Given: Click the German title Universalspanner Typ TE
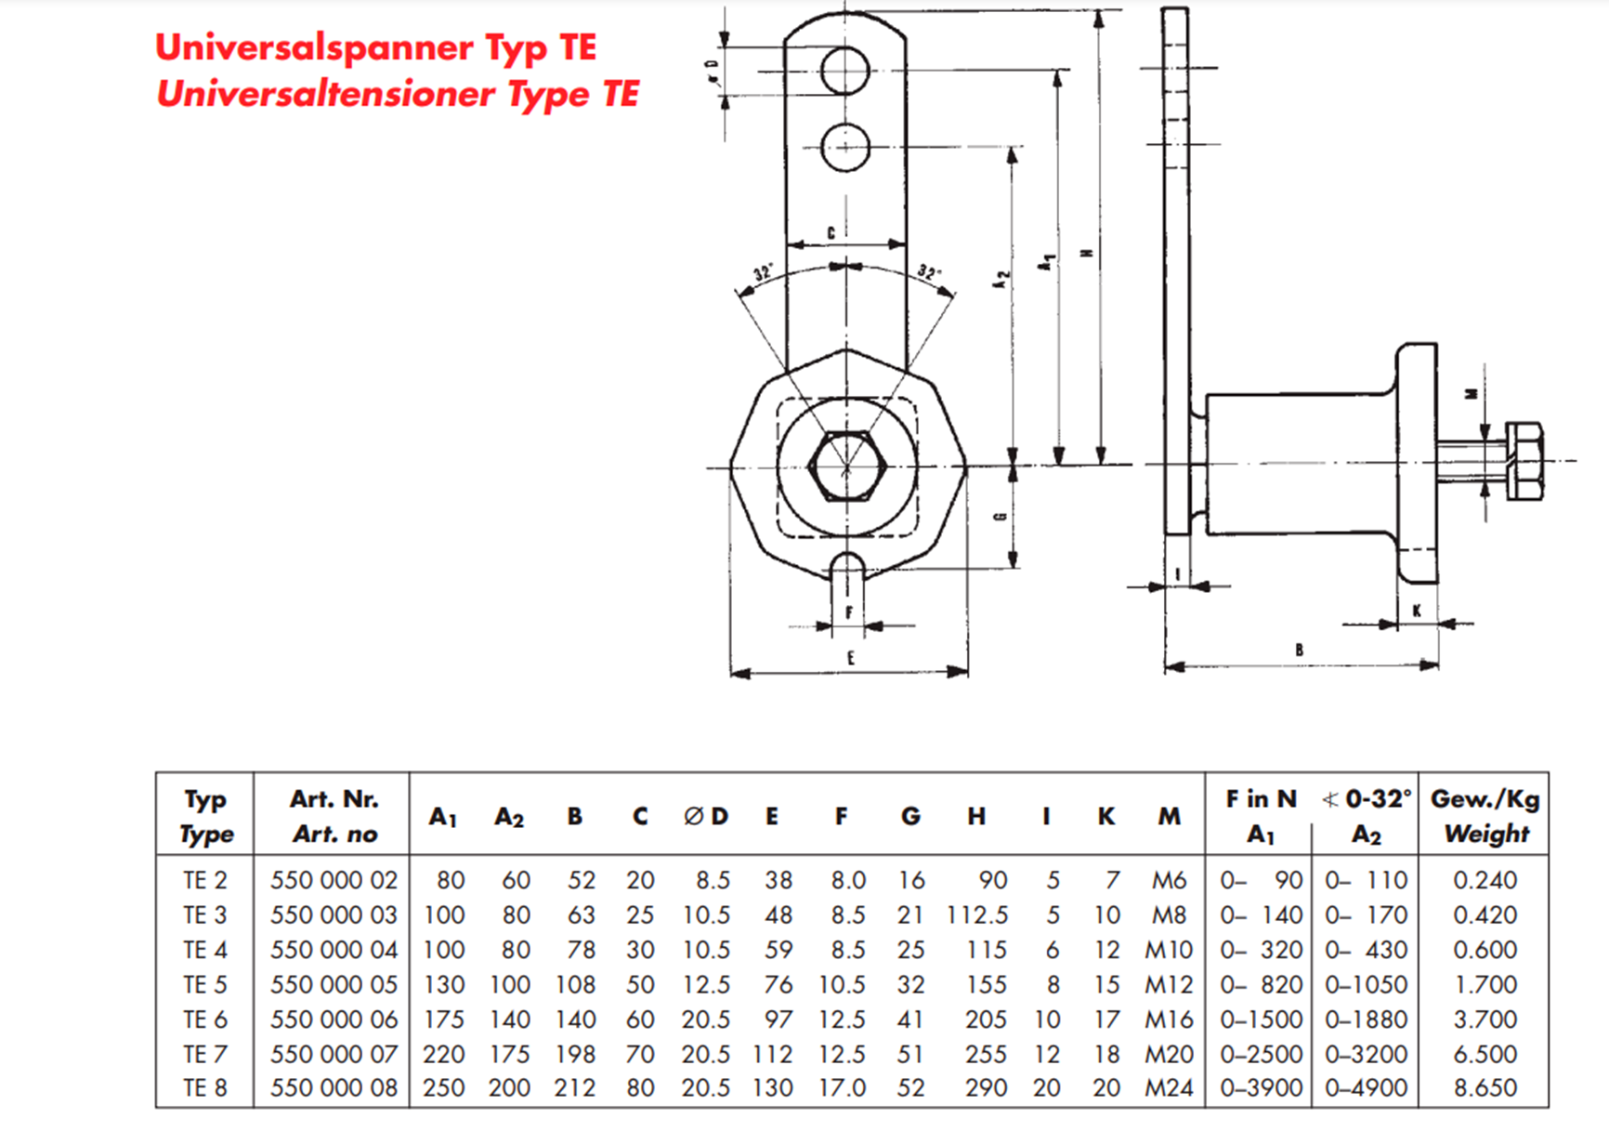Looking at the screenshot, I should [x=375, y=47].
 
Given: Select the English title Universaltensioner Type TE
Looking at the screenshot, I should [x=398, y=94].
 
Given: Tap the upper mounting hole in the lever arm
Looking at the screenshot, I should [x=845, y=71].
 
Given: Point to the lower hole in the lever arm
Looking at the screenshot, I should [x=845, y=148].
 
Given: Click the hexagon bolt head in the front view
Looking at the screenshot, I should [x=844, y=467].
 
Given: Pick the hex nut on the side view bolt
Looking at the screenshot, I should [x=1524, y=461].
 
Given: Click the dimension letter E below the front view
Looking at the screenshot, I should [x=850, y=658].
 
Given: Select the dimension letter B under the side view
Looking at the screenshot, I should [x=1299, y=651].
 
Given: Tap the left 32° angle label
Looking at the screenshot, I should [x=763, y=273].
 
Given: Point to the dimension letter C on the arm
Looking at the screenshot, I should [x=831, y=233].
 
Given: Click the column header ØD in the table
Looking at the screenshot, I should [x=706, y=816].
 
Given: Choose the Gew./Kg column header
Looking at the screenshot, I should [x=1485, y=799].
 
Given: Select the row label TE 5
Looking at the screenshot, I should [x=204, y=984].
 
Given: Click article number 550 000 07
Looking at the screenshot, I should [x=334, y=1054].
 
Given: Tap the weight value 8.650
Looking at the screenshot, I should [x=1485, y=1087].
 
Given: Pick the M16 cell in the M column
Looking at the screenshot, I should [x=1168, y=1019].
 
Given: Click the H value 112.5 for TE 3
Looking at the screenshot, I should [x=977, y=915].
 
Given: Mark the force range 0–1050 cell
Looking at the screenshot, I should [x=1366, y=984].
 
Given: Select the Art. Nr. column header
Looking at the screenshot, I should [x=334, y=799].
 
